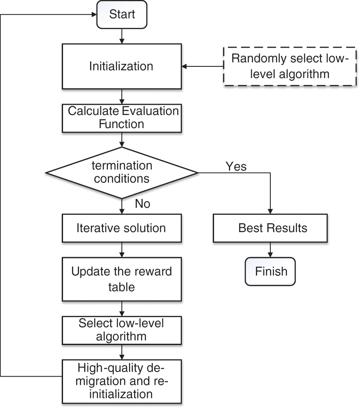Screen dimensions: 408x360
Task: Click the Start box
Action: point(122,15)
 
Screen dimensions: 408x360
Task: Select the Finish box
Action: point(271,271)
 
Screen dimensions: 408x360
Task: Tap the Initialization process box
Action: point(121,66)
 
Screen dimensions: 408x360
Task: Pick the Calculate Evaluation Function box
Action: point(121,118)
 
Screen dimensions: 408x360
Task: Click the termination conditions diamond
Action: point(121,173)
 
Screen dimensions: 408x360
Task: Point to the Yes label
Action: point(236,166)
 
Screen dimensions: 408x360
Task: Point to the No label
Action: point(143,204)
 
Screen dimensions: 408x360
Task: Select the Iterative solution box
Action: point(121,228)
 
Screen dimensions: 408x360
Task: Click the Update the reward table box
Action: point(121,279)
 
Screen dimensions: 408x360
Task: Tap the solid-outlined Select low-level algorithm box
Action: point(121,330)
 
